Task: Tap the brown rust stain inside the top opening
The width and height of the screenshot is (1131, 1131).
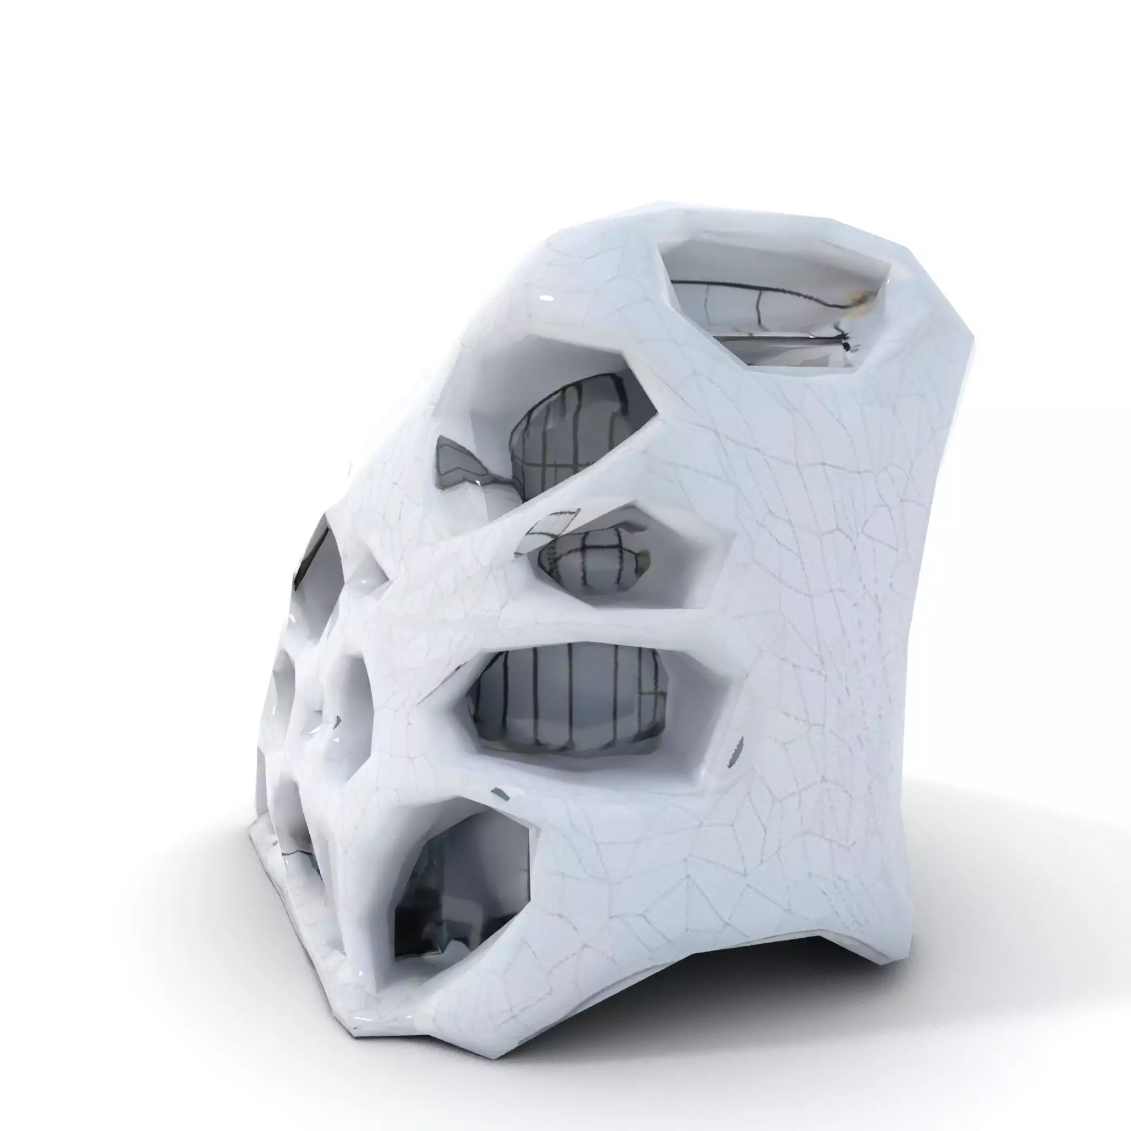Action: pos(862,299)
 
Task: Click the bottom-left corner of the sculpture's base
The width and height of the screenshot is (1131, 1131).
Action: pos(355,1027)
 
